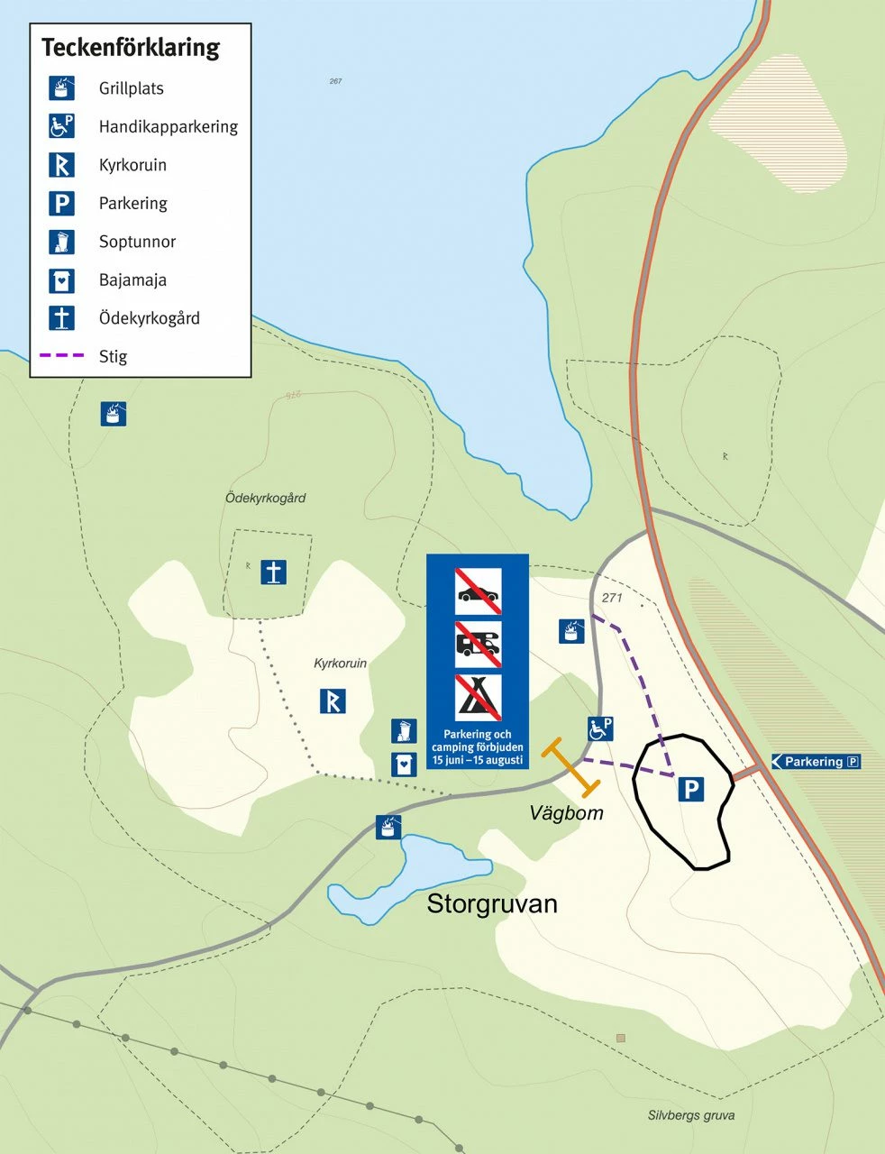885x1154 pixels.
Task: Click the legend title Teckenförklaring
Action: click(x=130, y=48)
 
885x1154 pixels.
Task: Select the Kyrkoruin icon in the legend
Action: click(x=61, y=165)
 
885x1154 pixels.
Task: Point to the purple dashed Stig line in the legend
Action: click(x=61, y=356)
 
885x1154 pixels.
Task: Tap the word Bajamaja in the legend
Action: click(x=132, y=280)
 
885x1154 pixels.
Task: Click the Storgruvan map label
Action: click(x=492, y=903)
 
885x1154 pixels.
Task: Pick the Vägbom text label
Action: click(x=566, y=813)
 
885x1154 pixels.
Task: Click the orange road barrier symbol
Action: click(x=570, y=769)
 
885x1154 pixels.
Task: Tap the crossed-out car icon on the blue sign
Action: click(x=478, y=591)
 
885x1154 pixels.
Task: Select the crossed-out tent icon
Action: click(x=478, y=697)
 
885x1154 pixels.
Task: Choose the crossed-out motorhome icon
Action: click(x=478, y=644)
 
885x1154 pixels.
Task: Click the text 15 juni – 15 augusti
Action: click(x=478, y=760)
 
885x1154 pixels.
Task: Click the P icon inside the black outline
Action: click(x=690, y=791)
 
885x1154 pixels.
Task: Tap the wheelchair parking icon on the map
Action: click(x=600, y=728)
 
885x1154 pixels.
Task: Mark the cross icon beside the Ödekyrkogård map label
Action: click(x=274, y=572)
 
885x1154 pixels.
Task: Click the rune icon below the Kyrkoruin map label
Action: click(x=333, y=701)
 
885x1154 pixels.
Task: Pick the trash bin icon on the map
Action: click(x=404, y=731)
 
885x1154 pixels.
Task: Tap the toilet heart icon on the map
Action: click(x=404, y=764)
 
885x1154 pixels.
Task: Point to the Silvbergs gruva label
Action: click(x=690, y=1115)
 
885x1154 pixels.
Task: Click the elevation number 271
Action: click(x=612, y=598)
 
